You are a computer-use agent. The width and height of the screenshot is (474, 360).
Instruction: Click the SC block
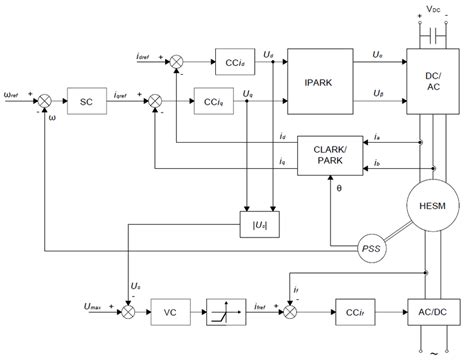pos(88,101)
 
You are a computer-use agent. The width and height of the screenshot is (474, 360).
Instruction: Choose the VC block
pos(170,312)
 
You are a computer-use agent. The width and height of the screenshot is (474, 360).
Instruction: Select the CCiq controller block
pos(212,101)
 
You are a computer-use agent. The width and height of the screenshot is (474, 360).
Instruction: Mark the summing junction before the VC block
pos(127,312)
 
